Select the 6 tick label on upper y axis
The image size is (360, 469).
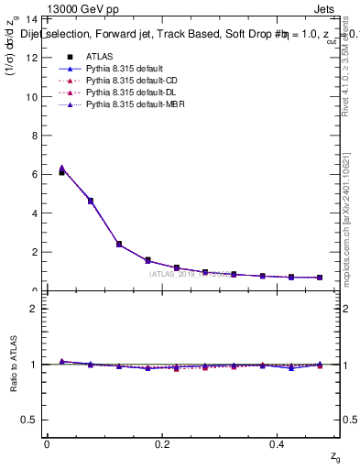34,174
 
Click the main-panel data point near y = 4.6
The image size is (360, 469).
90,201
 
